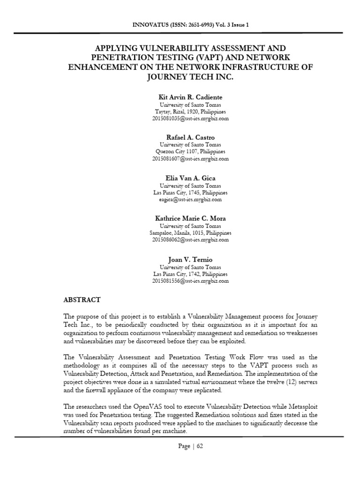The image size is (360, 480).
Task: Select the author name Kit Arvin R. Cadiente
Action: [190, 97]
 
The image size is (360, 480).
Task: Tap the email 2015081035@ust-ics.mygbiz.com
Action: [190, 119]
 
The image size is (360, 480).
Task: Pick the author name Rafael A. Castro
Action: [190, 137]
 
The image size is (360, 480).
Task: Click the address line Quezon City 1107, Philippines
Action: [190, 152]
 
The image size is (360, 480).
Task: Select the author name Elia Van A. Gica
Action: [190, 178]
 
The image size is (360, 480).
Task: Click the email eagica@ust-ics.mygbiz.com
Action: [190, 200]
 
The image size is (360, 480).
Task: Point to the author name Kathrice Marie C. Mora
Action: [190, 218]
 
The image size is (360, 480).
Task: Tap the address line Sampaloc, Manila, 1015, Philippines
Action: [190, 233]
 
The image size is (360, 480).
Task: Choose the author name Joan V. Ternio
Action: [190, 259]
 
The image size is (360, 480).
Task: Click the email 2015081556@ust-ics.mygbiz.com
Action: [190, 281]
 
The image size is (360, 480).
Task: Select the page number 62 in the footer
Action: [199, 446]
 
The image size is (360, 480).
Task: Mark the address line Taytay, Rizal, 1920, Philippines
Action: [190, 112]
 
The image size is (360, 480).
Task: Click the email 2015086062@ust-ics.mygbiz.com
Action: [190, 240]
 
